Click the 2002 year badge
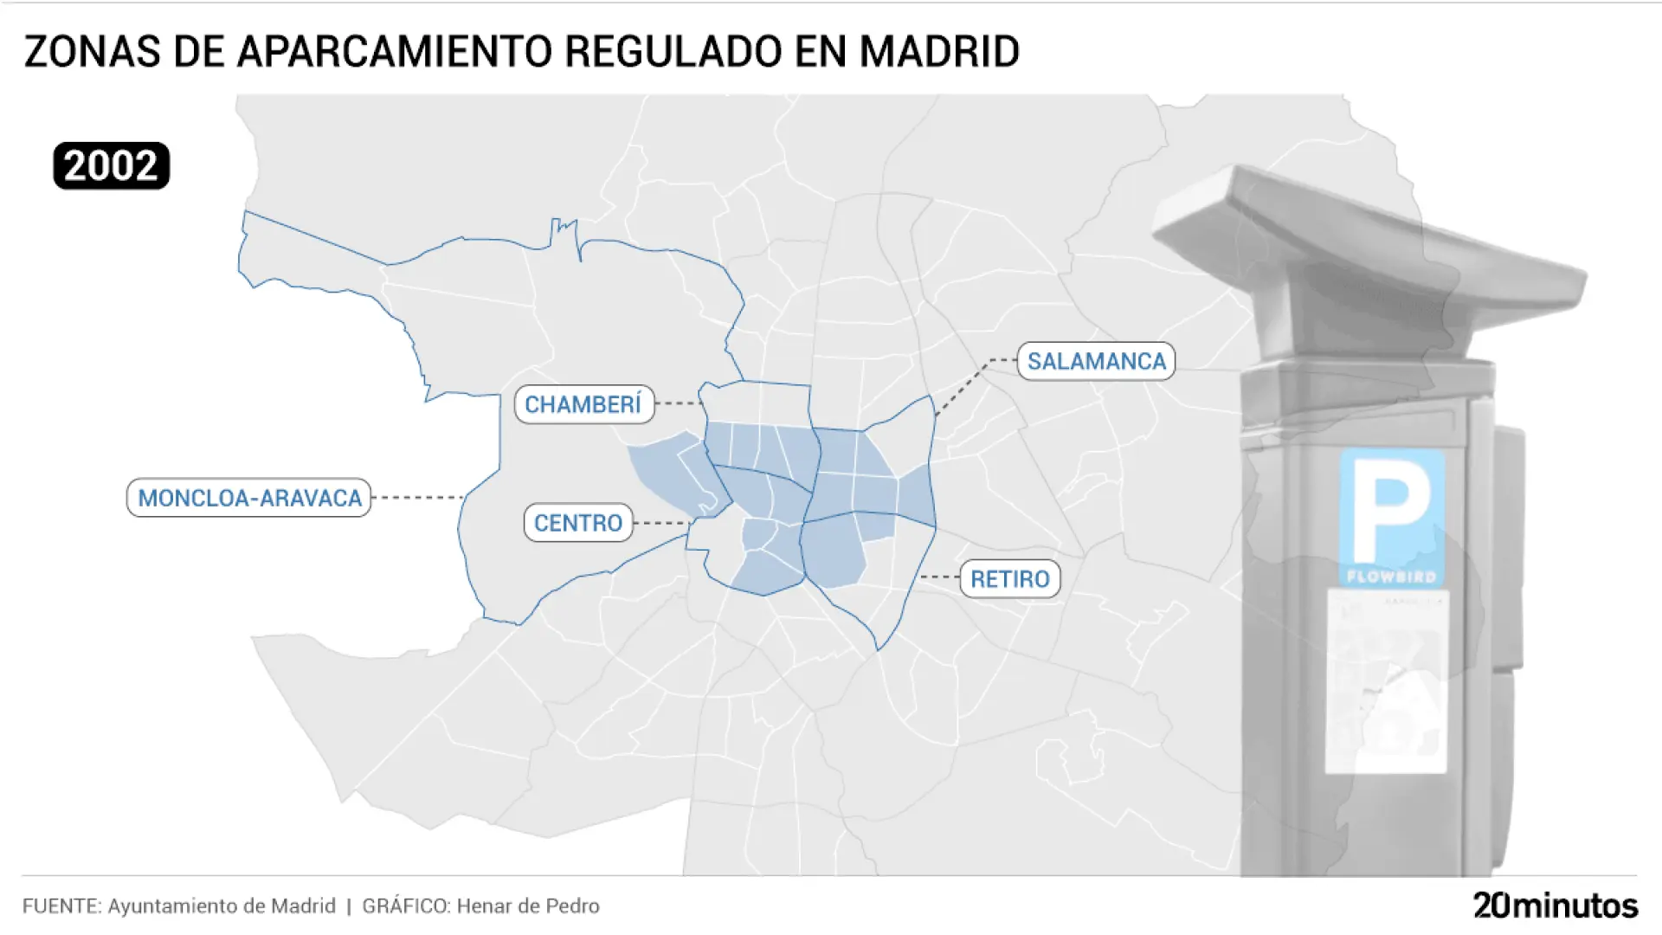click(x=111, y=165)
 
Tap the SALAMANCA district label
click(x=1096, y=361)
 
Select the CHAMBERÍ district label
click(x=583, y=404)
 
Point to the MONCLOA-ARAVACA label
click(x=249, y=498)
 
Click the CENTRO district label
click(x=578, y=523)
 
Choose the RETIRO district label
click(x=1009, y=578)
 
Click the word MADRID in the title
click(x=939, y=52)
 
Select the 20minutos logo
click(x=1556, y=906)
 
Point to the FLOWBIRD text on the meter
click(x=1391, y=577)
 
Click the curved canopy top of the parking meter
click(x=1368, y=234)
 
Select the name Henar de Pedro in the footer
click(x=528, y=906)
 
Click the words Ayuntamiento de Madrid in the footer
click(x=222, y=906)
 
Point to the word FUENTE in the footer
click(x=61, y=906)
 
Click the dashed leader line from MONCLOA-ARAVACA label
click(x=417, y=498)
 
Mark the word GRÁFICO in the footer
click(x=405, y=906)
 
